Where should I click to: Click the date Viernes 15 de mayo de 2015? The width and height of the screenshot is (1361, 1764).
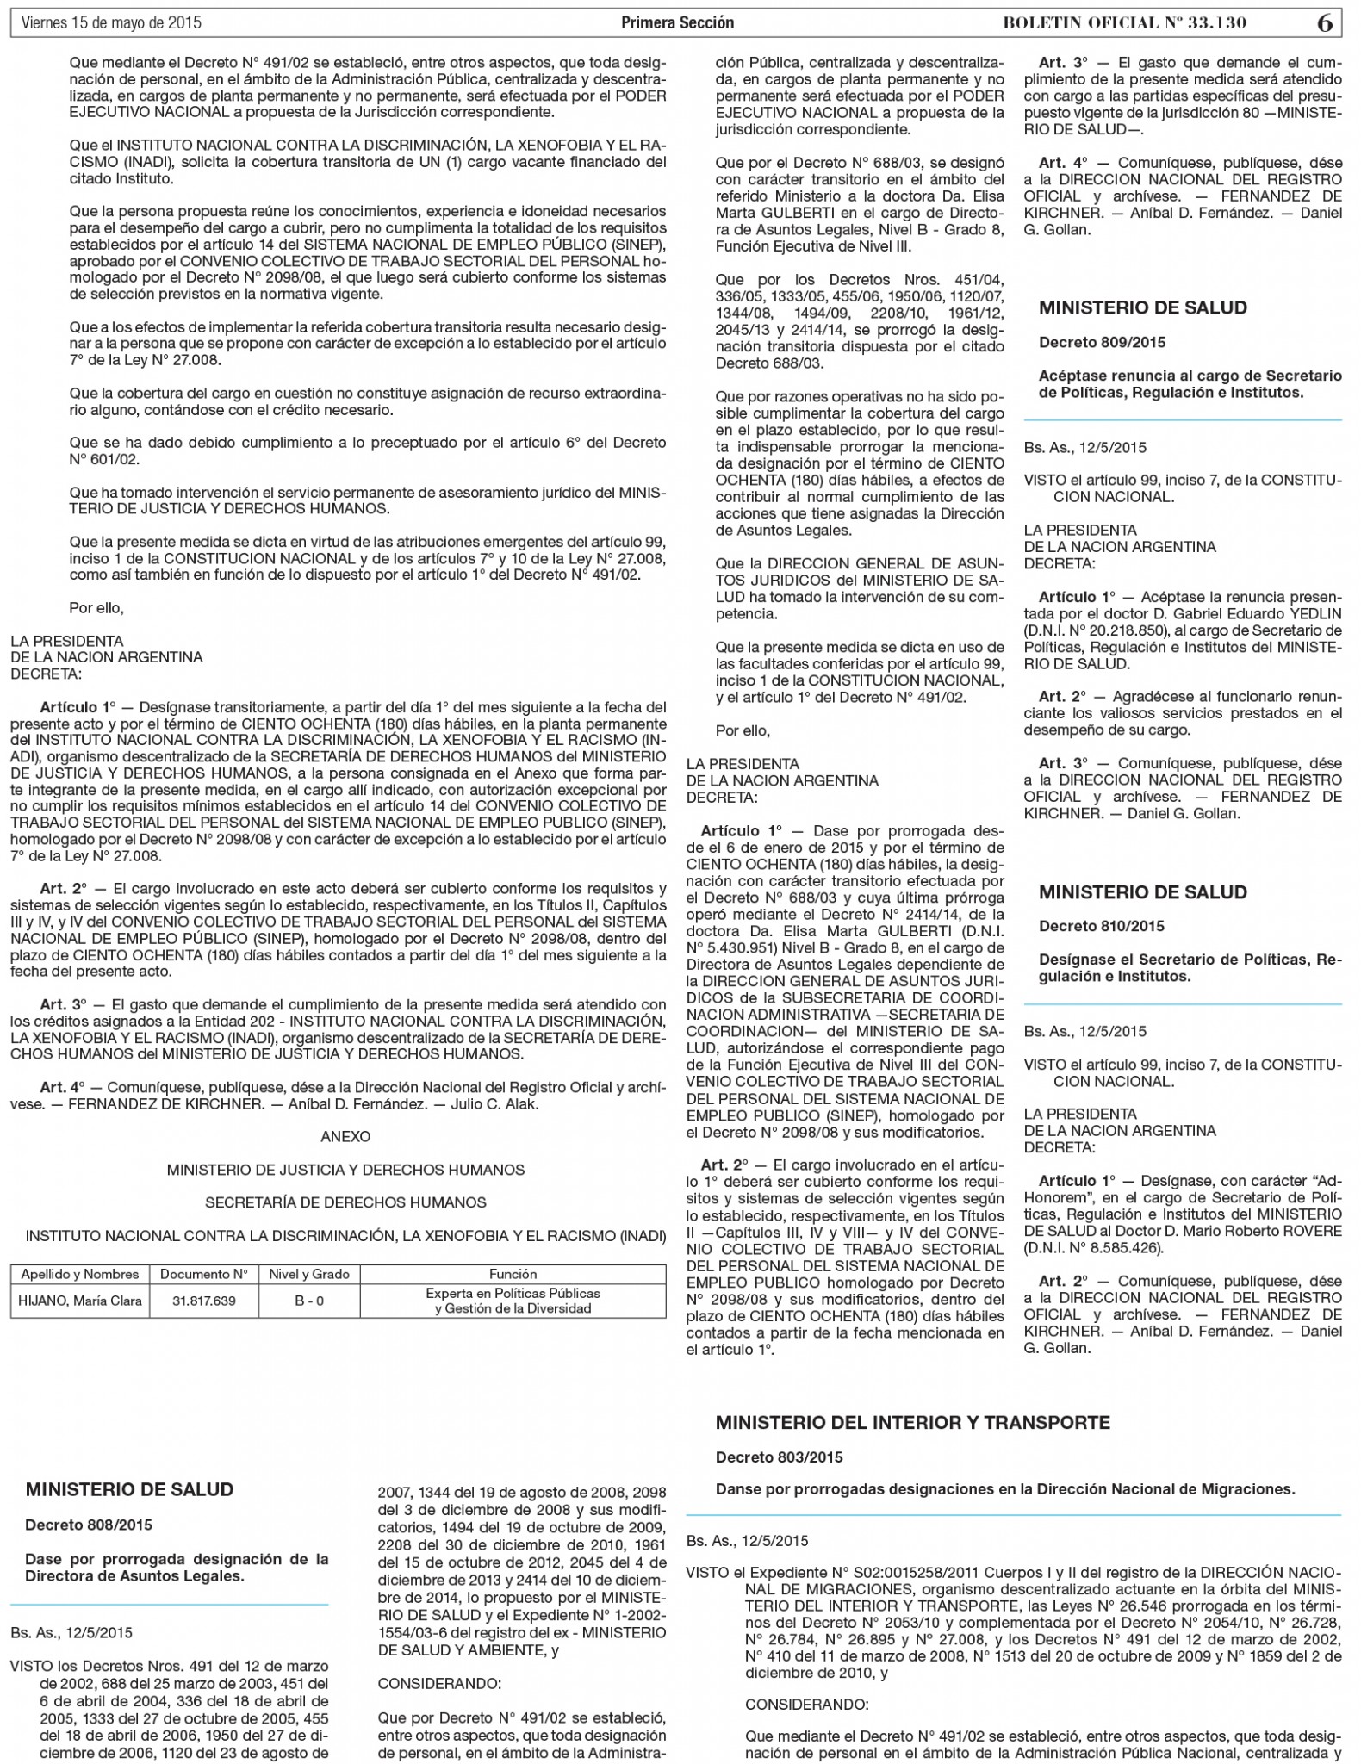111,23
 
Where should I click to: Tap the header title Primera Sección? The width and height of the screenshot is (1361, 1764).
677,23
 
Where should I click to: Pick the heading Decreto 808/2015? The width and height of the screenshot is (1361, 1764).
88,1525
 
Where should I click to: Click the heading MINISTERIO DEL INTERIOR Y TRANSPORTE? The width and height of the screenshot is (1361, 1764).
912,1422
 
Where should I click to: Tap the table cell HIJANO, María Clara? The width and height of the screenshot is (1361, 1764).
80,1301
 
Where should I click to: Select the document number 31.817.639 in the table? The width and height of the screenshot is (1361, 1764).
204,1301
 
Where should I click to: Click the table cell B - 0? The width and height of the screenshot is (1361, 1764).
309,1301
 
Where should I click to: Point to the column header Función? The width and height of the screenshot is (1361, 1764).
513,1274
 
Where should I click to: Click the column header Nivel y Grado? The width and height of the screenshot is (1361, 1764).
309,1274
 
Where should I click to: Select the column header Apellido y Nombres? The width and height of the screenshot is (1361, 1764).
80,1274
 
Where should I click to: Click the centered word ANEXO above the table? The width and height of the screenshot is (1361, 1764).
345,1136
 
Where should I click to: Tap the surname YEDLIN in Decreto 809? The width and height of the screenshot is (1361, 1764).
1314,613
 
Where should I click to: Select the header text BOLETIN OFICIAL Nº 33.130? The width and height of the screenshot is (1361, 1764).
1124,23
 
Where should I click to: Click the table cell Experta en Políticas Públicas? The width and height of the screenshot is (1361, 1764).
513,1294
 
